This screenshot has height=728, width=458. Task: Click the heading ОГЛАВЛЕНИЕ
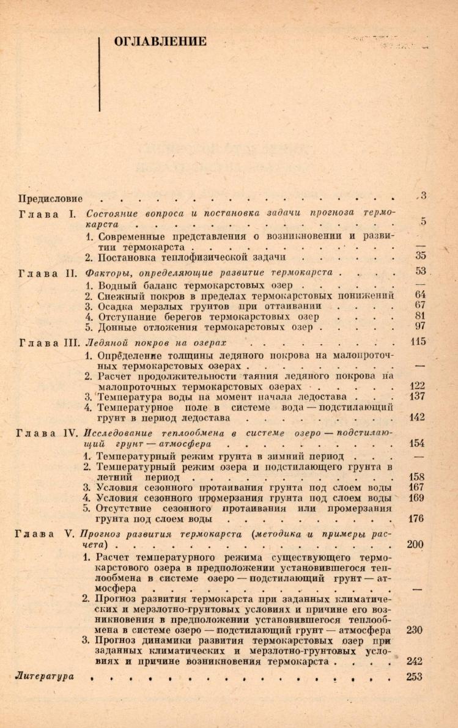click(x=160, y=42)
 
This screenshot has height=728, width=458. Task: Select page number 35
click(x=419, y=257)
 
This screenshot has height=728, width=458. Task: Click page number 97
click(x=419, y=326)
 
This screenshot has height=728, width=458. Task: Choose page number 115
click(x=418, y=342)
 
